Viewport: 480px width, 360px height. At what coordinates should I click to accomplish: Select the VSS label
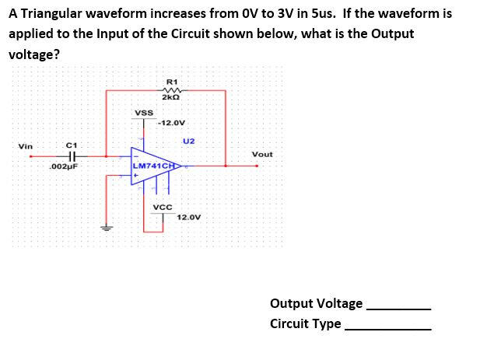[x=144, y=113]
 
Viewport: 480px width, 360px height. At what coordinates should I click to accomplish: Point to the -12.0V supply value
[x=171, y=123]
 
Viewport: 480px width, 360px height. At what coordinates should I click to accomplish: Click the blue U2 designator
[x=188, y=141]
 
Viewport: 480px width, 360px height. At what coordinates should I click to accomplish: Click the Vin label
[x=26, y=146]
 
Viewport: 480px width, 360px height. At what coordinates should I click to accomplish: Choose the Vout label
[x=262, y=154]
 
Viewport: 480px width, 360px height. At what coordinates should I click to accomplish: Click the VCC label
[x=163, y=208]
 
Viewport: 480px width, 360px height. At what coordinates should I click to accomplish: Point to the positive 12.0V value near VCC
[x=189, y=217]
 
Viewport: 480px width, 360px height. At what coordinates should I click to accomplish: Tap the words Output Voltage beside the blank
[x=316, y=303]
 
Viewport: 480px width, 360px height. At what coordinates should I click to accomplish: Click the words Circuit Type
[x=305, y=323]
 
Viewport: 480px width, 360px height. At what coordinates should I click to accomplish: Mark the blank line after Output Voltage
[x=398, y=309]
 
